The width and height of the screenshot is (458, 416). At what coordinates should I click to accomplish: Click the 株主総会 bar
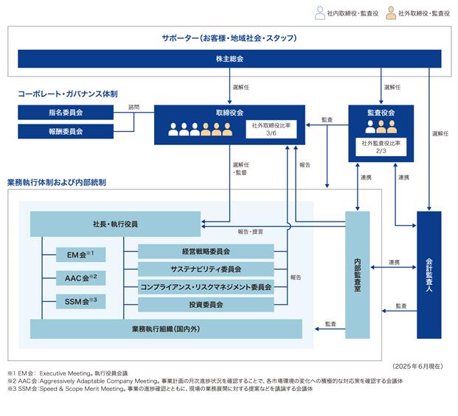click(x=229, y=59)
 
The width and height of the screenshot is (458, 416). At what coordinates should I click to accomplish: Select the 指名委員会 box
click(x=66, y=113)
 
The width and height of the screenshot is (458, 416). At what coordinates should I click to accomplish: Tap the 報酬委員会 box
click(x=66, y=132)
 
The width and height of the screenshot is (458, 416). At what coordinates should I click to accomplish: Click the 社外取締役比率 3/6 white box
click(x=271, y=129)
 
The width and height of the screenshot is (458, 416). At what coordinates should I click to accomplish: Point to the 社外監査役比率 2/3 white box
click(x=381, y=147)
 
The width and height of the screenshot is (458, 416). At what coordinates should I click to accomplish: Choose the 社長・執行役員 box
click(x=115, y=224)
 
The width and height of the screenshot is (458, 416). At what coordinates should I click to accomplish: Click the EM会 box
click(x=80, y=255)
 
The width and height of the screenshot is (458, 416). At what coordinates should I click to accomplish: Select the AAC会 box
click(x=80, y=278)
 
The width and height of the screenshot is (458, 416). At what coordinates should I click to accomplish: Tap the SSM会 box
click(x=80, y=301)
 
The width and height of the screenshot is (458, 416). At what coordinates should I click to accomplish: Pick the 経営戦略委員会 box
click(x=206, y=252)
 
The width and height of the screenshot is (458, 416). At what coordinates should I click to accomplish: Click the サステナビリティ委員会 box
click(x=206, y=269)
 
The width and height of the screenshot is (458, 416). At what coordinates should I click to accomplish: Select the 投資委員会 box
click(x=206, y=305)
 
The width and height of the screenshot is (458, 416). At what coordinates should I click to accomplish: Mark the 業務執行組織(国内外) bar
click(x=166, y=329)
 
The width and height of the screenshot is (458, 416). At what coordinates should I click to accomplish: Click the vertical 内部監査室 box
click(x=358, y=275)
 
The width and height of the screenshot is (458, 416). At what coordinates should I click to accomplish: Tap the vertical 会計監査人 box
click(x=429, y=275)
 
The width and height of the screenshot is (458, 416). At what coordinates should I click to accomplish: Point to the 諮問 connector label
click(x=133, y=107)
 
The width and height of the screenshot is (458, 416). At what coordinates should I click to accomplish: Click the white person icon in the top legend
click(x=320, y=13)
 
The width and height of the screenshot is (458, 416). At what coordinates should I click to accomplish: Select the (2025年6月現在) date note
click(x=417, y=367)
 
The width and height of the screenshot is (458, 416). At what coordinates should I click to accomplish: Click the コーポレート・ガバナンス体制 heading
click(x=68, y=94)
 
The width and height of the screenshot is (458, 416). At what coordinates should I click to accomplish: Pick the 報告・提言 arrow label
click(x=250, y=232)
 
